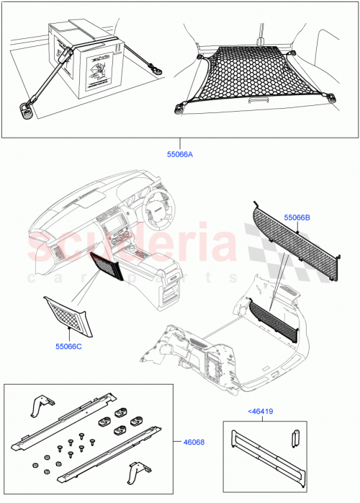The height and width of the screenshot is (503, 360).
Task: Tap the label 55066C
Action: [69, 346]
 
